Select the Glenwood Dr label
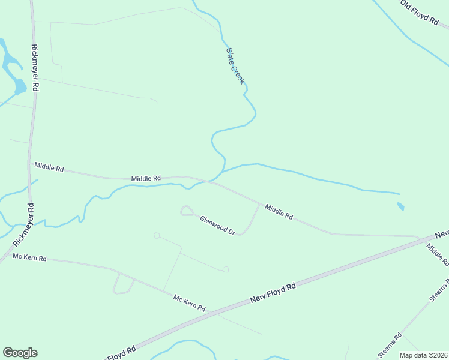(x=217, y=225)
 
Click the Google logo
(x=20, y=353)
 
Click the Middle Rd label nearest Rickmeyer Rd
(x=49, y=167)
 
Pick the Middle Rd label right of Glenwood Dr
(x=279, y=211)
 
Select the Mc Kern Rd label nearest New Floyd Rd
(x=189, y=303)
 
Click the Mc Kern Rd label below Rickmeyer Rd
(x=29, y=257)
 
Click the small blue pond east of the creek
(x=400, y=207)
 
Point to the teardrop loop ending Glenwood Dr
(x=187, y=210)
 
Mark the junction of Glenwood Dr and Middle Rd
(x=259, y=204)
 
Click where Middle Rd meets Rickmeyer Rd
(x=29, y=163)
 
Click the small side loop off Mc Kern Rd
(x=123, y=284)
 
